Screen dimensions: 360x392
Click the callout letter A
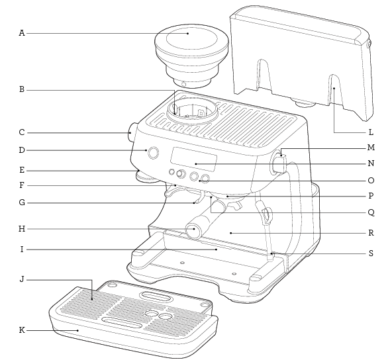click(22, 32)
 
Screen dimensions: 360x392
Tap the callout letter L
click(371, 132)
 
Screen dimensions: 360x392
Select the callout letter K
click(22, 330)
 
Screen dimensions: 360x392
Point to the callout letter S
click(371, 253)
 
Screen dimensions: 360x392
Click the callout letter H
click(22, 229)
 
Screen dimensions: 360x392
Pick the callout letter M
click(371, 148)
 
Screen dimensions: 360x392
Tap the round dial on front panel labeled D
click(154, 153)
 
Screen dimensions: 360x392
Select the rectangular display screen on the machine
click(194, 159)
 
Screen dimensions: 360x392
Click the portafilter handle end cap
click(193, 231)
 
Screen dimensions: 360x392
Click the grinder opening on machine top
click(193, 110)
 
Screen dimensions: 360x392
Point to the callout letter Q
click(371, 212)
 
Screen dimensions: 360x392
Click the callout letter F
click(22, 185)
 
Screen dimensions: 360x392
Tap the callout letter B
click(22, 89)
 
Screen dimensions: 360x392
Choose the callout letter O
click(371, 180)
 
